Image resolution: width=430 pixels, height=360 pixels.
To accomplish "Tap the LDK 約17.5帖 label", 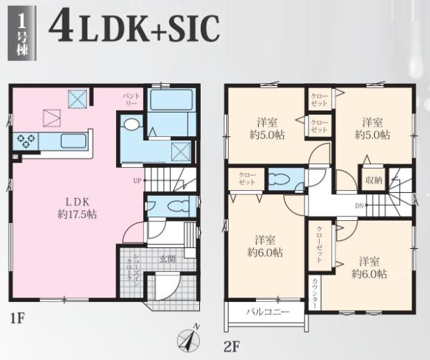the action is click(x=77, y=208).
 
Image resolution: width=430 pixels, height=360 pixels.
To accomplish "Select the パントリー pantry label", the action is click(x=131, y=100).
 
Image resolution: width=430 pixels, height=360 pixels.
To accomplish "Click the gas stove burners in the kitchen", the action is click(x=26, y=141).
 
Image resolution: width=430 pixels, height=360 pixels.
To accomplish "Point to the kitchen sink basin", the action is click(x=73, y=141).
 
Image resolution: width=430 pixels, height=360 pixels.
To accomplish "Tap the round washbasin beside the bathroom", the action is click(x=131, y=124).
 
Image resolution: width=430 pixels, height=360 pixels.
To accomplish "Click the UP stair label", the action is click(x=137, y=181).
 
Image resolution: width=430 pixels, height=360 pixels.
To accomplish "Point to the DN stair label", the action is click(x=359, y=205).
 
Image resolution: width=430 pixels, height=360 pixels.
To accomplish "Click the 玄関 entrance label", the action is click(x=168, y=260).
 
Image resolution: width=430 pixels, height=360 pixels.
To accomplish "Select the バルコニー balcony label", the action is click(x=267, y=312).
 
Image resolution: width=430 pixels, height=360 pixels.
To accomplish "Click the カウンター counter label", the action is click(x=315, y=293).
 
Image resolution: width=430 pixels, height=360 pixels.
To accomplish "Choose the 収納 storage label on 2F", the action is click(x=373, y=180).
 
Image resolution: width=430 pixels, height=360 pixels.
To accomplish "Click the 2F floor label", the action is click(x=232, y=347).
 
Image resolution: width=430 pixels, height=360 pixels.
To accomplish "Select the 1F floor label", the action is click(x=17, y=318).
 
